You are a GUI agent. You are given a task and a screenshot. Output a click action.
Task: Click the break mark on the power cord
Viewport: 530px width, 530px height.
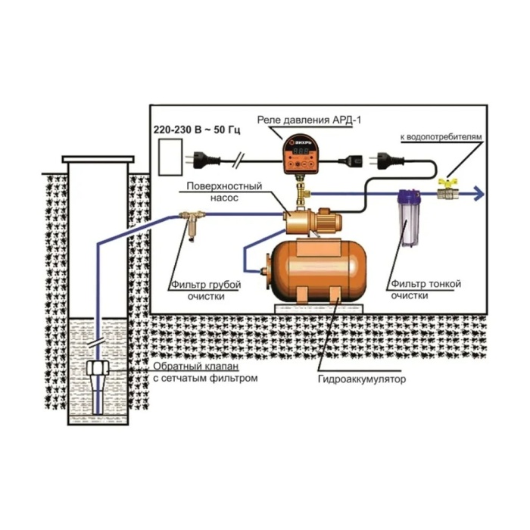pyautogui.click(x=239, y=161)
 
